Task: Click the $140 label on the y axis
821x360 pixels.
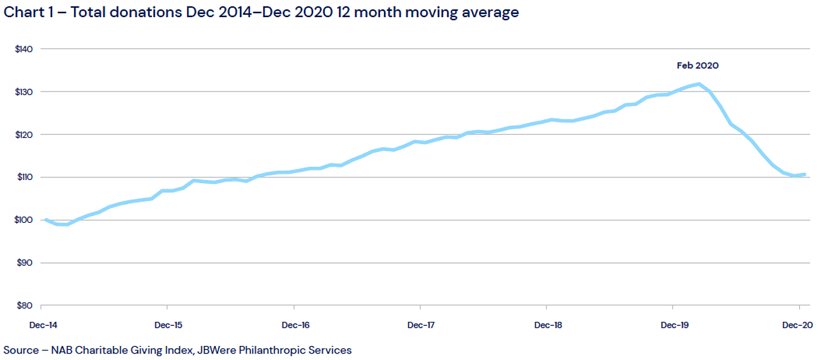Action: click(24, 49)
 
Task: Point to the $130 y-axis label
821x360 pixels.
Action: click(24, 92)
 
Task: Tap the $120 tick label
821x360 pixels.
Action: click(24, 135)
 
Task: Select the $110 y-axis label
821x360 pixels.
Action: click(25, 177)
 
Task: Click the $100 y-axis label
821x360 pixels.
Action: click(23, 220)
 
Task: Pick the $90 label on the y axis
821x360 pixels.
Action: click(25, 263)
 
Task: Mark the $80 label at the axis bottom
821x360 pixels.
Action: click(25, 305)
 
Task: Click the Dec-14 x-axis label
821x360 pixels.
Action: click(43, 325)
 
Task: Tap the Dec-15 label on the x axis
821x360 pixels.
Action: click(168, 325)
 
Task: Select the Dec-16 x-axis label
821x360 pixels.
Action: click(296, 325)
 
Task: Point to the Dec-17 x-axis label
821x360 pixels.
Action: click(421, 325)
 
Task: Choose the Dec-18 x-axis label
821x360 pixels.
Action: click(548, 325)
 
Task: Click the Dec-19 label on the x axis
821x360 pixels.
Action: click(674, 325)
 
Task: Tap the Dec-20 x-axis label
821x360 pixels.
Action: click(798, 325)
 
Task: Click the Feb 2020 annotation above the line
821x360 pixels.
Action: click(697, 66)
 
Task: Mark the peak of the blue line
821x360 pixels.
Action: click(699, 84)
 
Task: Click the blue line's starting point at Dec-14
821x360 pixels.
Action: click(46, 220)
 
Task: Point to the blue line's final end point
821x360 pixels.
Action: click(805, 175)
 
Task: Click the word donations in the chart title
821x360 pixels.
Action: click(146, 12)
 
